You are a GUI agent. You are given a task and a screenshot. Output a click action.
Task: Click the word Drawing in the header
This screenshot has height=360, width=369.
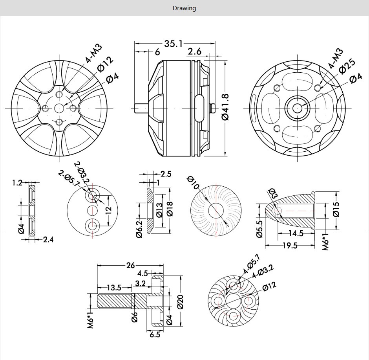point(184,8)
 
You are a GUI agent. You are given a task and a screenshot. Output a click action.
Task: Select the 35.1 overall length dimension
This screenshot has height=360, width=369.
point(173,44)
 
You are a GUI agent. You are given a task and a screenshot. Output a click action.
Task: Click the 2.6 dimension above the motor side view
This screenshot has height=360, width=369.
point(195,51)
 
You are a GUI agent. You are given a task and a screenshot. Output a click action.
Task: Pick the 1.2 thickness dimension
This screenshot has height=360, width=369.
point(17,182)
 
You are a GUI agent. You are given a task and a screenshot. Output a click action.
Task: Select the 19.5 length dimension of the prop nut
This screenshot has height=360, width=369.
point(289,246)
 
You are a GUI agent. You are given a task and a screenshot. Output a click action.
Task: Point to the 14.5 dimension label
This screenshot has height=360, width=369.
point(296,233)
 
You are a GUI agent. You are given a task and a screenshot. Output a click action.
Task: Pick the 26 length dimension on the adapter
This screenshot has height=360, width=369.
point(130,265)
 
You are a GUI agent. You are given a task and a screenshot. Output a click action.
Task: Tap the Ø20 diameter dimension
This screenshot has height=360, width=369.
point(180,301)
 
